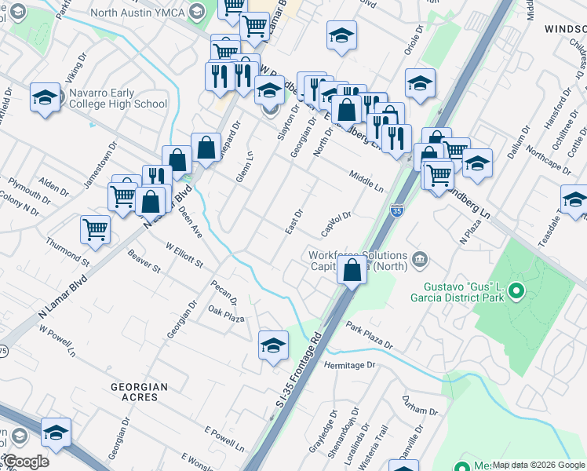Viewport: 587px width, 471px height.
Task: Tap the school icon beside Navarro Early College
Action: click(x=46, y=98)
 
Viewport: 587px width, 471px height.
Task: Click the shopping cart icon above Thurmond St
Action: click(x=95, y=229)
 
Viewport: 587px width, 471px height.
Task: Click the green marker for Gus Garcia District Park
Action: click(x=516, y=293)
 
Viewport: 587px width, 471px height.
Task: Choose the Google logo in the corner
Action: click(x=25, y=462)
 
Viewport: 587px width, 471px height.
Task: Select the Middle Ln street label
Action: click(x=367, y=183)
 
